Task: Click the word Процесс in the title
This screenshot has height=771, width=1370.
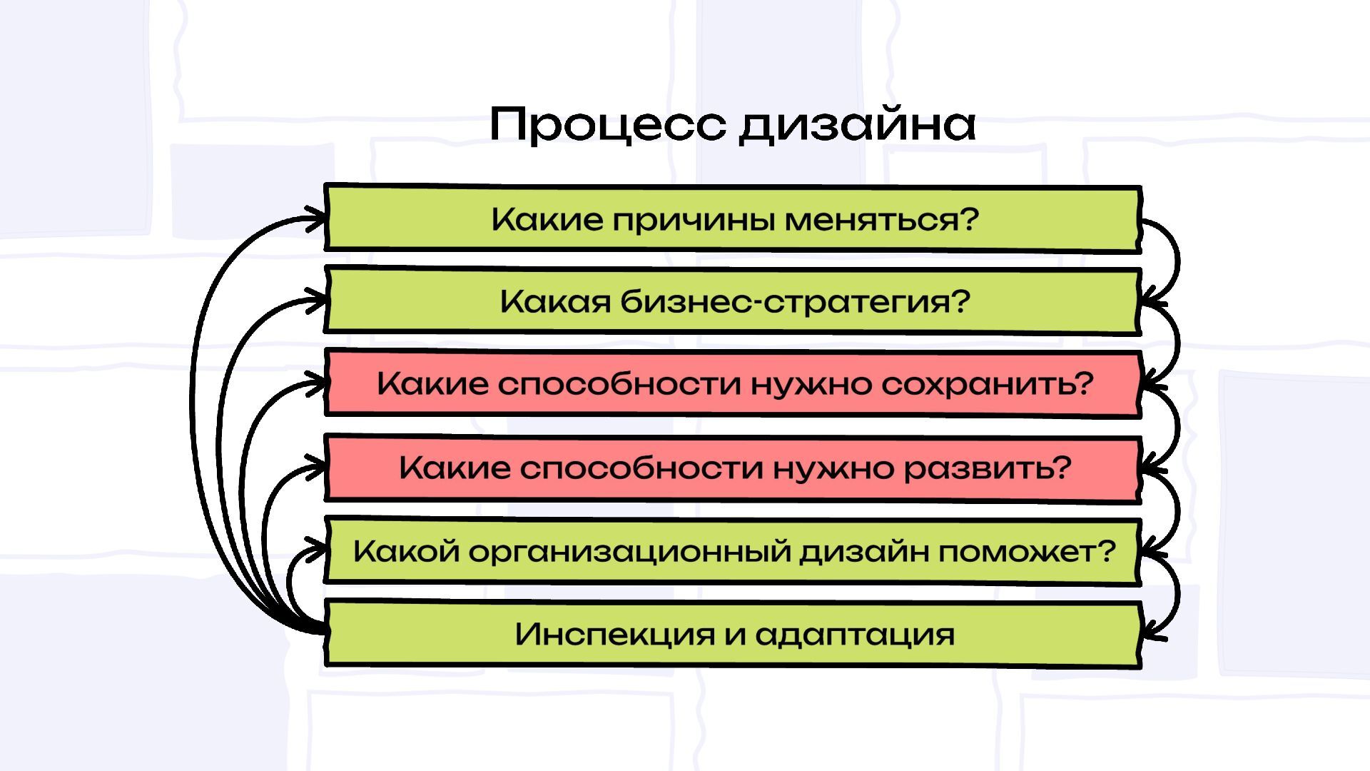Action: (x=607, y=124)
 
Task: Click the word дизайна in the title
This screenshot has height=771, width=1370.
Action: (x=857, y=126)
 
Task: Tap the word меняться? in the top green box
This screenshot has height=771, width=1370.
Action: (x=881, y=220)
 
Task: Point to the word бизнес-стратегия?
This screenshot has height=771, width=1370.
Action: (x=795, y=302)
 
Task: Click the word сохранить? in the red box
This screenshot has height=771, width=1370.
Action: (x=988, y=384)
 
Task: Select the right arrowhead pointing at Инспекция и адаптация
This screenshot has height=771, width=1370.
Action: (x=1150, y=631)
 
